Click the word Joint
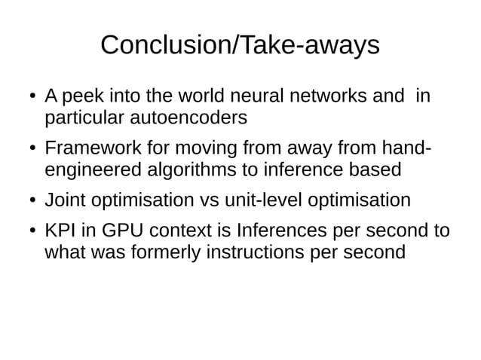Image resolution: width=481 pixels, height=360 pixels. point(63,201)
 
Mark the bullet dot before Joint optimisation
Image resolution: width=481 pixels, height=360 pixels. point(33,202)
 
